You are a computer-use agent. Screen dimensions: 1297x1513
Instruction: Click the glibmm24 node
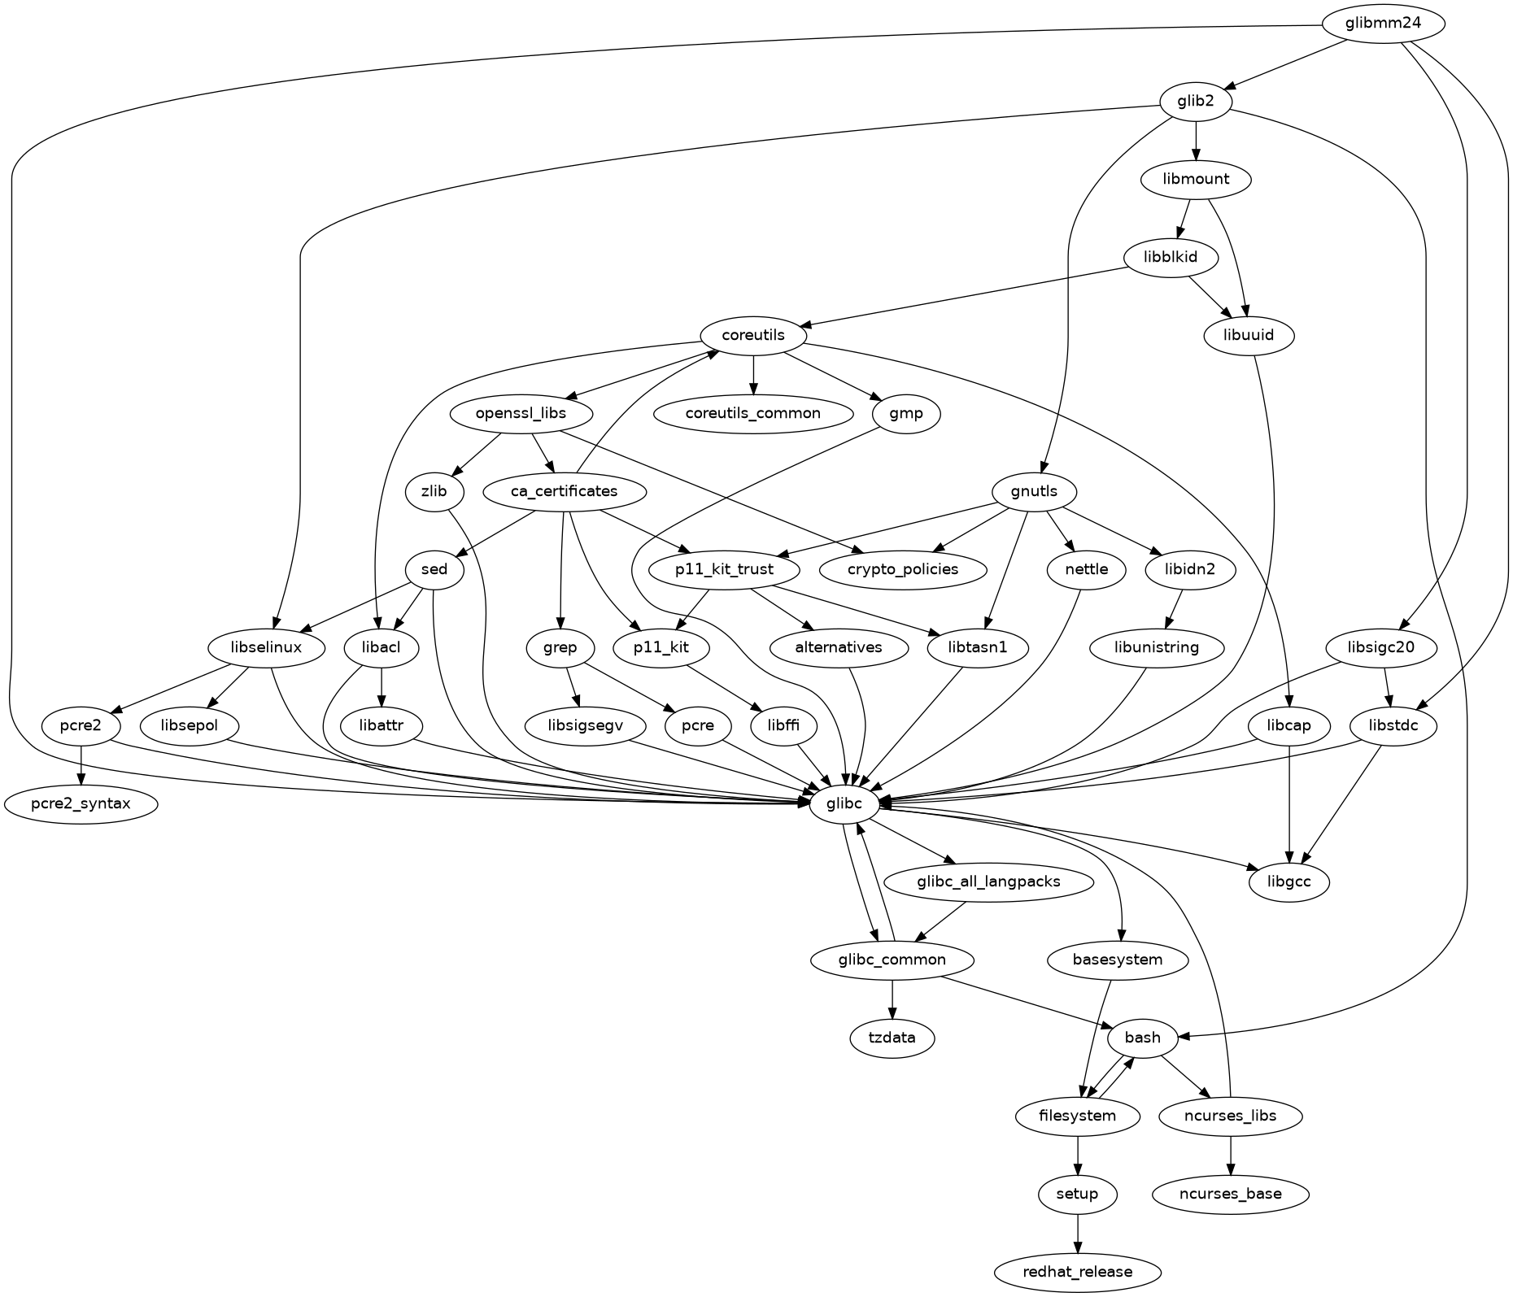(1383, 24)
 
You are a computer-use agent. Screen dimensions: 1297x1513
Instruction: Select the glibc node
(846, 804)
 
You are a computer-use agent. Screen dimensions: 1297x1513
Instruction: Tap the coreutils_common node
(752, 413)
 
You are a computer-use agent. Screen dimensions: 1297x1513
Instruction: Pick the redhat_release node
(1077, 1272)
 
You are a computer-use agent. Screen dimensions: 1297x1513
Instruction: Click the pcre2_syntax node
(81, 804)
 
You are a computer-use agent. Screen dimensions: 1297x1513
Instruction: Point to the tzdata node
(892, 1038)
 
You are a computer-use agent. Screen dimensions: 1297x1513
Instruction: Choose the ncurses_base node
(1230, 1194)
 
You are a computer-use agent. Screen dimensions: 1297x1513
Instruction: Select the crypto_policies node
(903, 569)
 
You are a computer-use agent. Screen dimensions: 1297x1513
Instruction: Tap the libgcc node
(1289, 881)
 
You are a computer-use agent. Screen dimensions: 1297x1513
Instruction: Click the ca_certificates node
(565, 491)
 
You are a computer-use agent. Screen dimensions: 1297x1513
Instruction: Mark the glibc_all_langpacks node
(988, 881)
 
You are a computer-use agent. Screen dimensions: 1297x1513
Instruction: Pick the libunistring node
(1157, 648)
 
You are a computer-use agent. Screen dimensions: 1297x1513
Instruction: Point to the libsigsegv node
(585, 725)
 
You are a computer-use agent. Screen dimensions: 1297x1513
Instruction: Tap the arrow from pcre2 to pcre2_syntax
(81, 764)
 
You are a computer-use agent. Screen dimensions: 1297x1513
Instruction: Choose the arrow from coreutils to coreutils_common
(753, 374)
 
